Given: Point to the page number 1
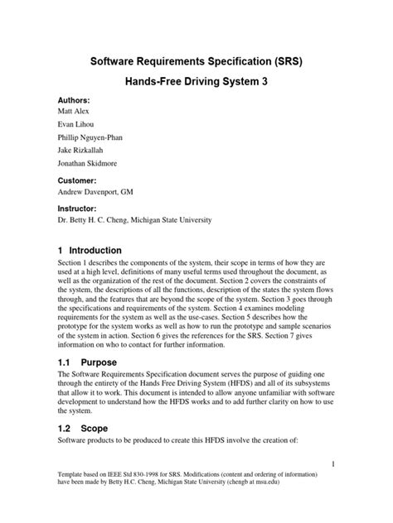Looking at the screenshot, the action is (332, 466).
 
